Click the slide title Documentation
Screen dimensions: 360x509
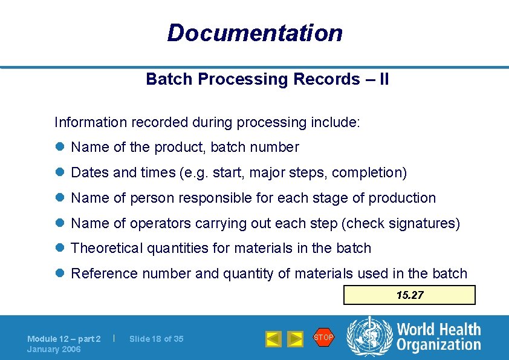tap(254, 33)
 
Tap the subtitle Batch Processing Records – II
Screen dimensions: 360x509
tap(267, 79)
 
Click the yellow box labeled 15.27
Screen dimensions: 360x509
tap(409, 295)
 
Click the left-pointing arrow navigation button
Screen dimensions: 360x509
tap(273, 339)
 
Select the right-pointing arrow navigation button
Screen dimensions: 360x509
tap(295, 339)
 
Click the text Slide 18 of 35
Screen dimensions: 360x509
tap(156, 339)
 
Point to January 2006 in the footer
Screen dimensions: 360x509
tap(54, 349)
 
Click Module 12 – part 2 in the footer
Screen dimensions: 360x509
tap(64, 339)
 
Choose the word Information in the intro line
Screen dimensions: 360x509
tap(89, 122)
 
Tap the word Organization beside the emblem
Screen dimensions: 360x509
tap(438, 345)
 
